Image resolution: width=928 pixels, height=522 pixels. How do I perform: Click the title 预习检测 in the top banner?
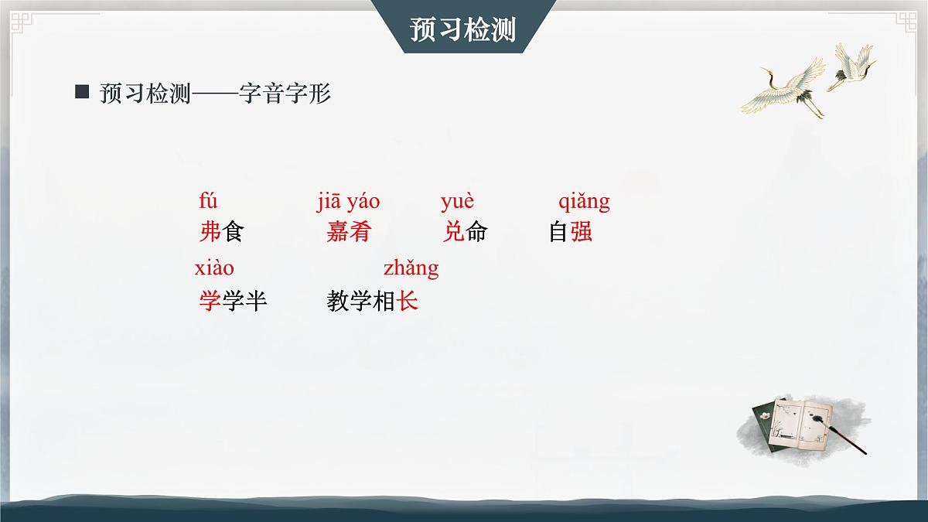tap(463, 29)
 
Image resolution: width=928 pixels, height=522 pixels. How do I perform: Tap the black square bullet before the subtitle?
tap(82, 92)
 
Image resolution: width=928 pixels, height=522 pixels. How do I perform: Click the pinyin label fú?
tap(208, 202)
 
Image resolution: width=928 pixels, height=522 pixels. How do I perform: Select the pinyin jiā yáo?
tap(348, 202)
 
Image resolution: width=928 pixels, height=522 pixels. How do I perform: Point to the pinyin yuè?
tap(457, 202)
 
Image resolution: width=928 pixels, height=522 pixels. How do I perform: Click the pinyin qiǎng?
tap(584, 203)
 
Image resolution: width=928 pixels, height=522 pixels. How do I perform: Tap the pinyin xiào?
tap(214, 268)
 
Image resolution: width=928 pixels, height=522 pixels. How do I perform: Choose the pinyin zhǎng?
tap(411, 269)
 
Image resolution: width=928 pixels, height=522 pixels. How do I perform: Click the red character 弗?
tap(210, 232)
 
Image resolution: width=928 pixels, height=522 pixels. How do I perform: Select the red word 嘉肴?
tap(349, 232)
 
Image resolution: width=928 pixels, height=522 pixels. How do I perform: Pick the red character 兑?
tap(453, 232)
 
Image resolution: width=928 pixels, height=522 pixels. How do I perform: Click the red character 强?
tap(582, 232)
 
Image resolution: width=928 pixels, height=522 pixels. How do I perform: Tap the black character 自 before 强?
tap(559, 232)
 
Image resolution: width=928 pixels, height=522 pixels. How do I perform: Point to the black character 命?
tap(476, 232)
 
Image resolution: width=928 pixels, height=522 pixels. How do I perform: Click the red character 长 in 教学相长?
tap(408, 301)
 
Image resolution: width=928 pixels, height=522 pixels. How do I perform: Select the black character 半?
tap(256, 301)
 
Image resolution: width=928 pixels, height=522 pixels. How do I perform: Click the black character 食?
tap(232, 232)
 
